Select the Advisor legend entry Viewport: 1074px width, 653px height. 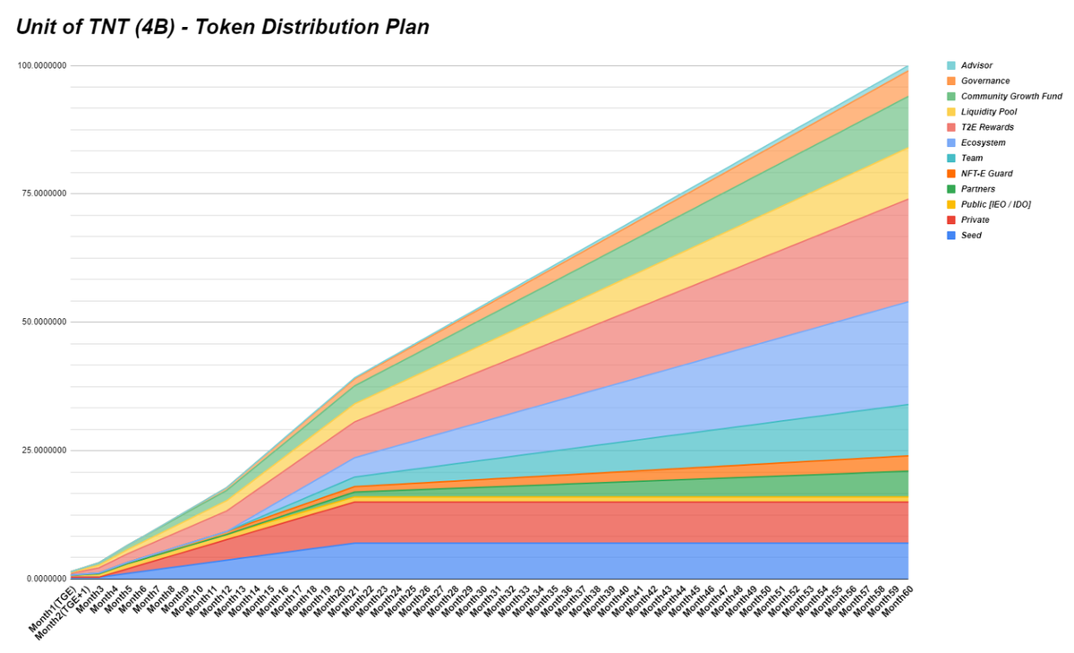[x=976, y=65]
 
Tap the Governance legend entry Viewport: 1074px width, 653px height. [x=985, y=81]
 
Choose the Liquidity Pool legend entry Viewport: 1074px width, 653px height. [x=989, y=112]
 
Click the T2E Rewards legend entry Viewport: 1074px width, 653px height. [x=987, y=127]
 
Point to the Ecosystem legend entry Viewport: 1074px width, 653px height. [x=983, y=142]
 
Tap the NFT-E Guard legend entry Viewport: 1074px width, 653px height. [x=986, y=174]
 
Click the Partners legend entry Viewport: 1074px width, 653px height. [x=978, y=189]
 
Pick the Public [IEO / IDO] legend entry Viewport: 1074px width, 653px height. [x=996, y=204]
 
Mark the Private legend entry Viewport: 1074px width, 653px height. [x=976, y=219]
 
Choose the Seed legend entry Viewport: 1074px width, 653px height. [x=971, y=236]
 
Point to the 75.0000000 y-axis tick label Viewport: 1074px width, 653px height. [x=43, y=194]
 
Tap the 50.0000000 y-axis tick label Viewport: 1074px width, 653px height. [x=43, y=322]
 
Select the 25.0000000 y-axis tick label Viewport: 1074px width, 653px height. [x=43, y=451]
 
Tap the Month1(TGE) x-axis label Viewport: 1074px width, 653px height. [x=54, y=614]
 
